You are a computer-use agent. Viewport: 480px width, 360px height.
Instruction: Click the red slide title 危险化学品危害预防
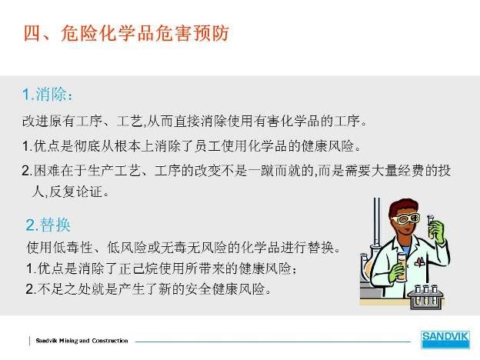pos(145,34)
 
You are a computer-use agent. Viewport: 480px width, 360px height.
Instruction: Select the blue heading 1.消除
pos(48,95)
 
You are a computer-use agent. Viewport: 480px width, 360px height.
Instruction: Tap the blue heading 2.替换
pos(48,225)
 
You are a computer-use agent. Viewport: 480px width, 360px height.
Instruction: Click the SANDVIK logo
pos(445,339)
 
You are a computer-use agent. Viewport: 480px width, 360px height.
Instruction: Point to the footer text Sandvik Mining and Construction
pos(82,341)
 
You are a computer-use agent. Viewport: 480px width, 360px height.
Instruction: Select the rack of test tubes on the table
pos(426,296)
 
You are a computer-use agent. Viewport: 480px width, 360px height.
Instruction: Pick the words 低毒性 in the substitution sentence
pos(73,248)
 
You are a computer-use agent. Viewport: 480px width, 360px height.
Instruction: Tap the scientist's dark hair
pos(402,206)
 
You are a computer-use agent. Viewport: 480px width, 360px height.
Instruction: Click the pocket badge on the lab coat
pos(419,261)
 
